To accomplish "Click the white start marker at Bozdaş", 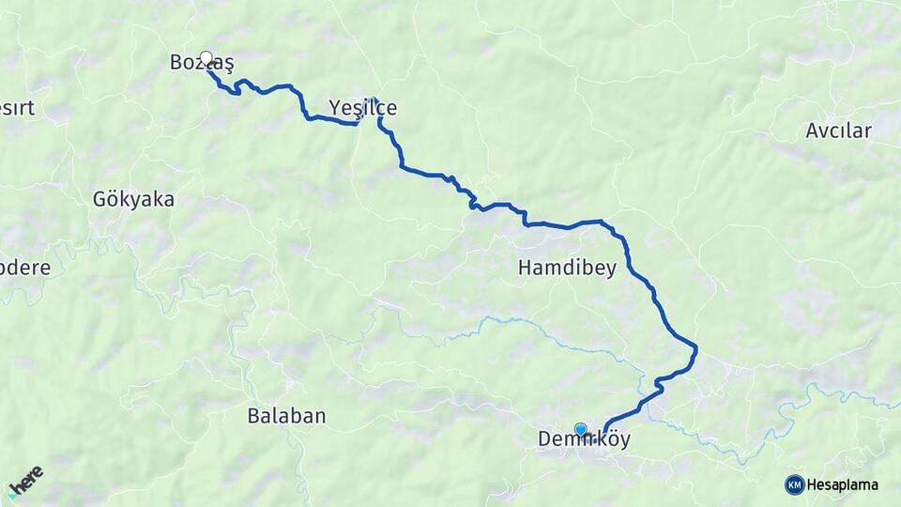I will click(x=206, y=58).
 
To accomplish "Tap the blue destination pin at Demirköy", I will click(x=581, y=430).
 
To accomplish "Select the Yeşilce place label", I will click(x=362, y=108).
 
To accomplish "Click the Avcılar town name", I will click(x=838, y=131).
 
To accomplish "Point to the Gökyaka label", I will click(x=133, y=199).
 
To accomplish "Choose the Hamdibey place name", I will click(x=567, y=269).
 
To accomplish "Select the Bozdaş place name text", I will click(x=201, y=63).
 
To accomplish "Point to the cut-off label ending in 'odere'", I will click(x=24, y=268).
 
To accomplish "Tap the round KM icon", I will click(x=795, y=484).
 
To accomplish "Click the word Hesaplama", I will click(x=843, y=484).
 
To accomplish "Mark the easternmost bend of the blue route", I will click(x=696, y=349).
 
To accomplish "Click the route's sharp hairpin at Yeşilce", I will click(x=374, y=100).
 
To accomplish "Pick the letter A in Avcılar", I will click(x=812, y=131).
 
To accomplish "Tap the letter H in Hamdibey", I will click(x=525, y=269).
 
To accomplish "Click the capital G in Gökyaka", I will click(x=99, y=199).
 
